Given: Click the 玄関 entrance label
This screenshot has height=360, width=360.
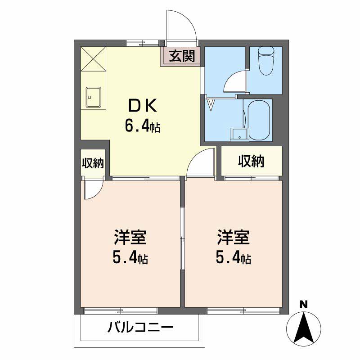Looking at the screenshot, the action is tap(182, 56).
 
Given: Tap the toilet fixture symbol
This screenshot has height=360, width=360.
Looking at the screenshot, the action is tap(266, 61).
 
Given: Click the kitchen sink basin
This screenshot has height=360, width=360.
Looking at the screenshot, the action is tap(94, 97).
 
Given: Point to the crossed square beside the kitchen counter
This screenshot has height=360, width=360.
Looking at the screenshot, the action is tap(94, 59).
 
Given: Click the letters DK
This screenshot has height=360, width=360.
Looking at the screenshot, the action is tap(143, 105).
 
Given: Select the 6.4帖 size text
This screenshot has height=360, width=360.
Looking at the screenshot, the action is tap(143, 126).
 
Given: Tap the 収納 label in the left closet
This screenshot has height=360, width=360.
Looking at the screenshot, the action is tap(93, 163).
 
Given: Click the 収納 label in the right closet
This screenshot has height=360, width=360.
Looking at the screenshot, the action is tap(251, 161).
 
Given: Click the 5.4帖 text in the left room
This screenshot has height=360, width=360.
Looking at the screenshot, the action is tap(130, 257).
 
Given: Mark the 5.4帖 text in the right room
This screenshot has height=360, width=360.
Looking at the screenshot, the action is tap(233, 257).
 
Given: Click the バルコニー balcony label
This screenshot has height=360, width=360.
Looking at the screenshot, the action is tap(140, 327).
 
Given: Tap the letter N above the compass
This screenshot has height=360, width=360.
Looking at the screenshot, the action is tap(303, 305).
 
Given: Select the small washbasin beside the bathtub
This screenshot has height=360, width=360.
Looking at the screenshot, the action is tap(239, 134).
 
